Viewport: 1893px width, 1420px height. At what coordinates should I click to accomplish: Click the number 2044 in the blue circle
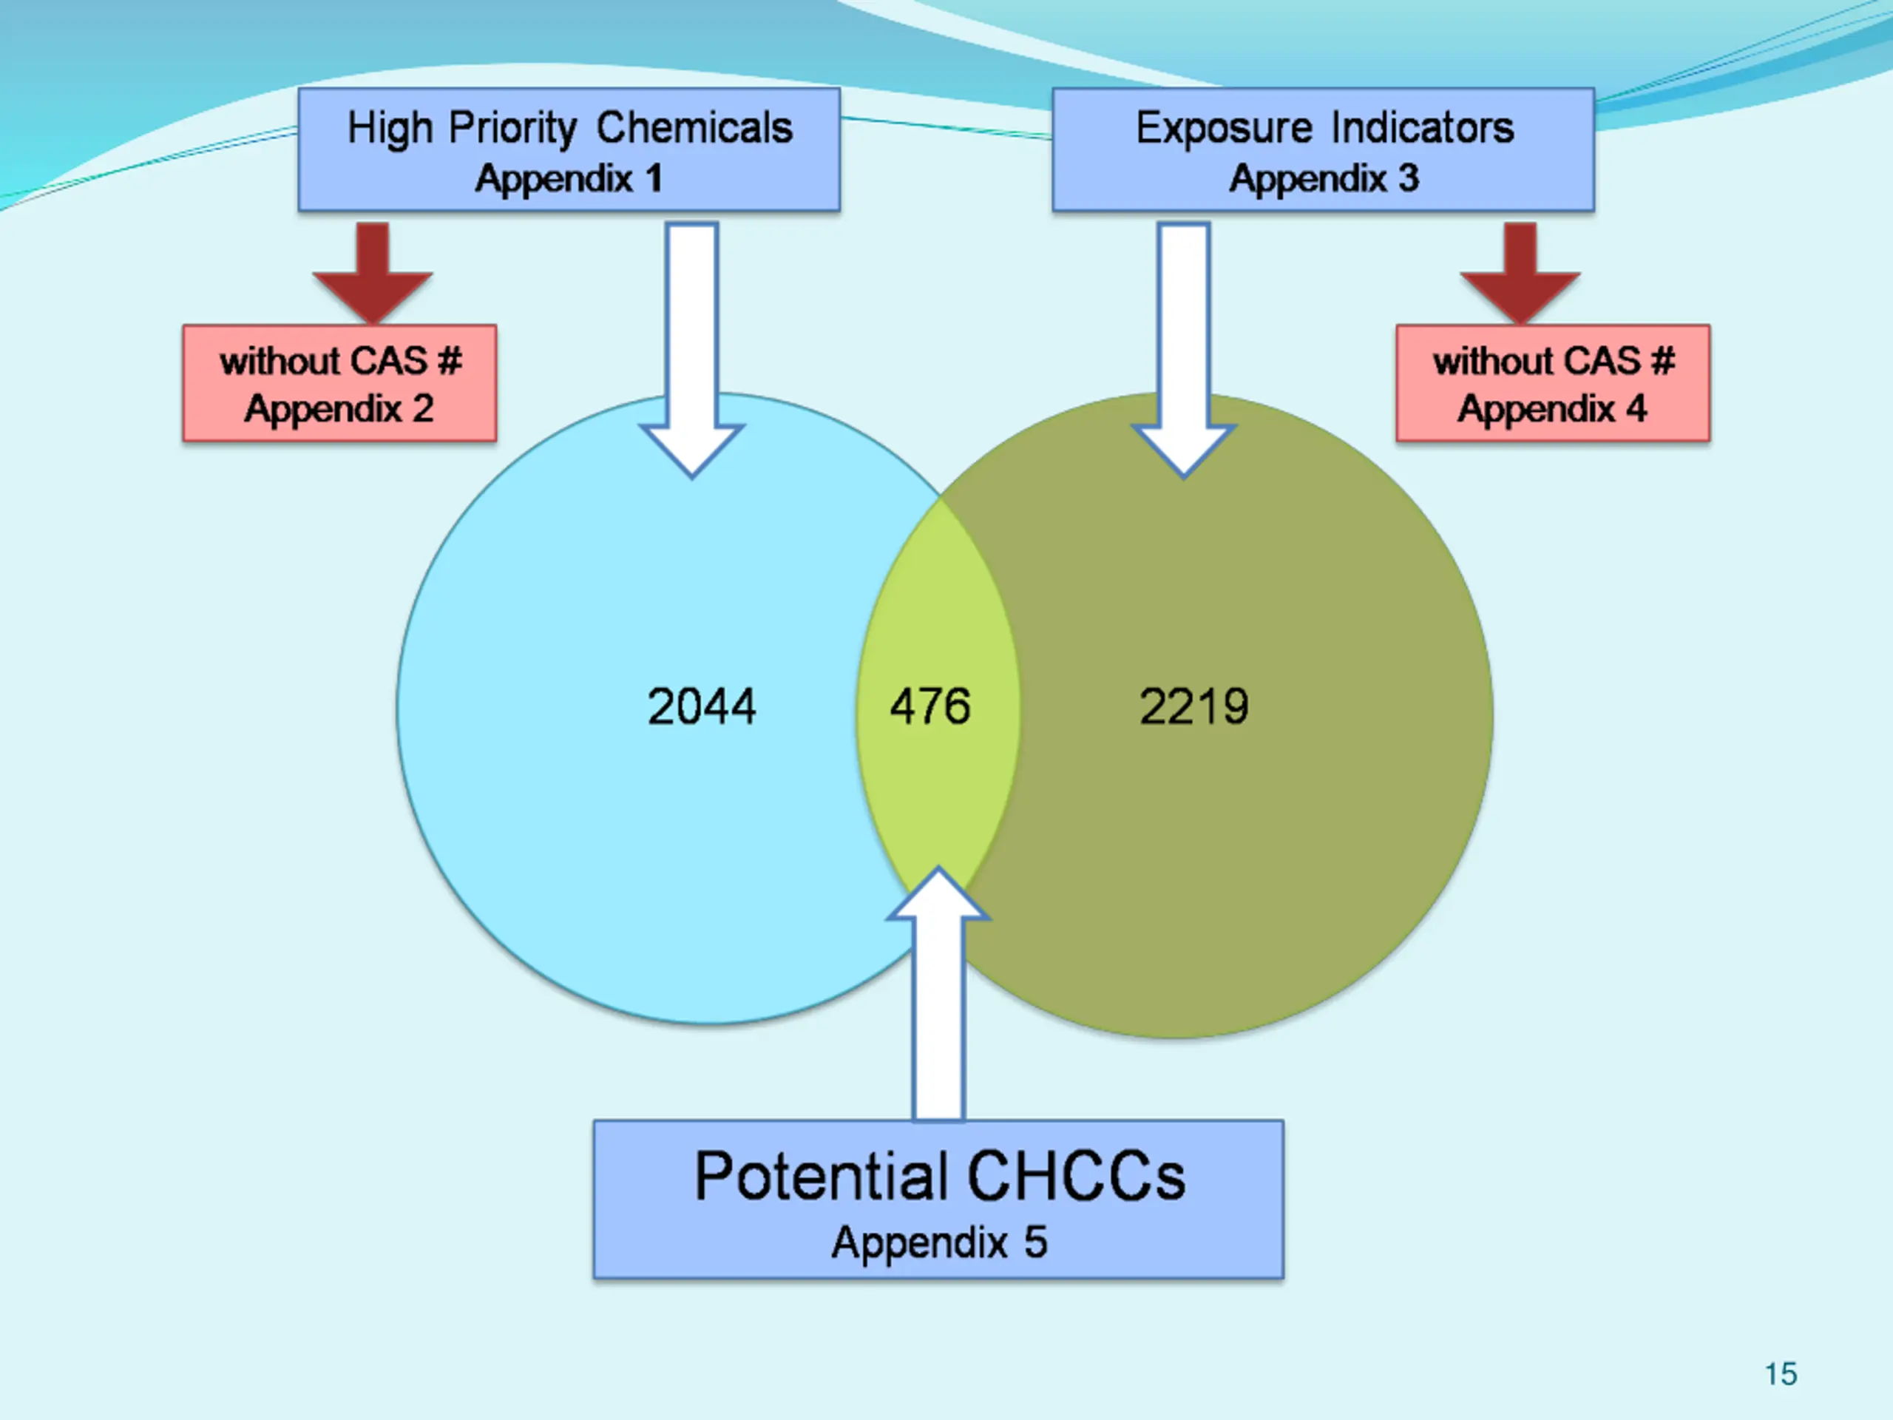pyautogui.click(x=701, y=707)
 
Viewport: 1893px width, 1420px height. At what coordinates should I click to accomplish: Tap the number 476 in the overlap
pyautogui.click(x=930, y=707)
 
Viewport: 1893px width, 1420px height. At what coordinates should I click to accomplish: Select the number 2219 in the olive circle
pyautogui.click(x=1193, y=707)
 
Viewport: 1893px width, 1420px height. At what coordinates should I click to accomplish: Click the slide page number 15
pyautogui.click(x=1780, y=1374)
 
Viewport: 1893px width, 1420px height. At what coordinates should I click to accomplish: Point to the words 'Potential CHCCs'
pyautogui.click(x=940, y=1176)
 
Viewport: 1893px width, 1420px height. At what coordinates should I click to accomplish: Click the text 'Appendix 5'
pyautogui.click(x=940, y=1242)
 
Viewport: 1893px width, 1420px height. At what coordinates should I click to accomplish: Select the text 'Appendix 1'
pyautogui.click(x=569, y=179)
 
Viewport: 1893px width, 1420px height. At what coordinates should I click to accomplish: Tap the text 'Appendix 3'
pyautogui.click(x=1324, y=179)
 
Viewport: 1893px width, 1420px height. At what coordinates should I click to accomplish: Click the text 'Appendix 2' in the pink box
pyautogui.click(x=339, y=409)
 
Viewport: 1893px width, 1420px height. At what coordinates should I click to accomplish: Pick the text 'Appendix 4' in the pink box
pyautogui.click(x=1552, y=409)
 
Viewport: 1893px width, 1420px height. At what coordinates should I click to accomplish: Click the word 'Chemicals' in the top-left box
pyautogui.click(x=694, y=129)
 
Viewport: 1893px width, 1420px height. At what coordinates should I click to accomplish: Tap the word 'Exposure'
pyautogui.click(x=1224, y=129)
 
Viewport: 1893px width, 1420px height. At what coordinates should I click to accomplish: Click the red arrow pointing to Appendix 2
pyautogui.click(x=372, y=274)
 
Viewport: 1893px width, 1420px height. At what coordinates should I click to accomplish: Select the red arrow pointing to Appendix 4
pyautogui.click(x=1520, y=274)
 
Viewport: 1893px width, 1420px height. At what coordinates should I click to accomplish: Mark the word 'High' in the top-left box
pyautogui.click(x=390, y=129)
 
